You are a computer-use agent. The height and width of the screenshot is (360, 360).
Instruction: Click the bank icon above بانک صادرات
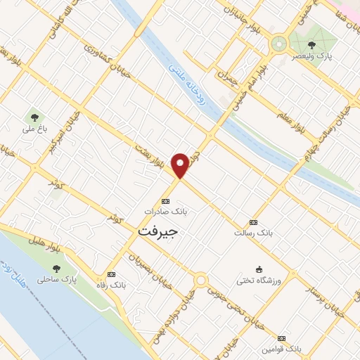tap(165, 200)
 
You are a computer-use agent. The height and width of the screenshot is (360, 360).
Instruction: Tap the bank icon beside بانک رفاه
tap(110, 274)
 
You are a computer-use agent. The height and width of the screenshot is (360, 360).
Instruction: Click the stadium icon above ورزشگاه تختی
tap(259, 270)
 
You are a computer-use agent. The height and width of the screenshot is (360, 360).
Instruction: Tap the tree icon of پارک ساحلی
tap(57, 268)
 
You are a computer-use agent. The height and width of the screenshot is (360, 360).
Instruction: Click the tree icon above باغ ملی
tap(32, 117)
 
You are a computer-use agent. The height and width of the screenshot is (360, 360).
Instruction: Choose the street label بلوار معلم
tap(286, 110)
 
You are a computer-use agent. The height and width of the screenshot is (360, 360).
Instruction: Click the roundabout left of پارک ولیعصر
tap(280, 43)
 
